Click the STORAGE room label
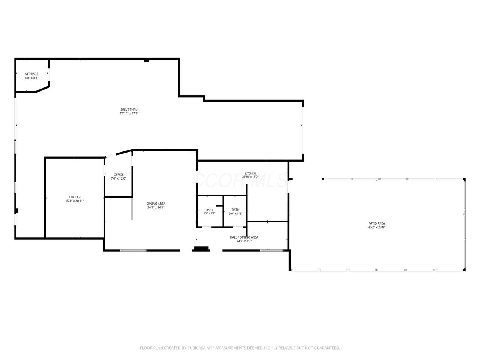point(31,74)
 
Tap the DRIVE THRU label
point(129,109)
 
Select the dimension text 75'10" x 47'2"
point(129,113)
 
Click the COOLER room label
point(75,197)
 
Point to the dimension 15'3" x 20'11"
point(75,201)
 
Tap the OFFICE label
point(118,175)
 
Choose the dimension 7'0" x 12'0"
point(118,178)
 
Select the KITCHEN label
point(250,174)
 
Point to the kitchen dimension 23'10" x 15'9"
point(250,177)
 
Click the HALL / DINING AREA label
point(244,237)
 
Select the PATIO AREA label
point(376,223)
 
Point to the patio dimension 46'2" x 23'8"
point(376,227)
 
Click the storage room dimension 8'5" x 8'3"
point(31,78)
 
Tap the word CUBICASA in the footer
point(196,348)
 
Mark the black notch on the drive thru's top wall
point(146,60)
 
